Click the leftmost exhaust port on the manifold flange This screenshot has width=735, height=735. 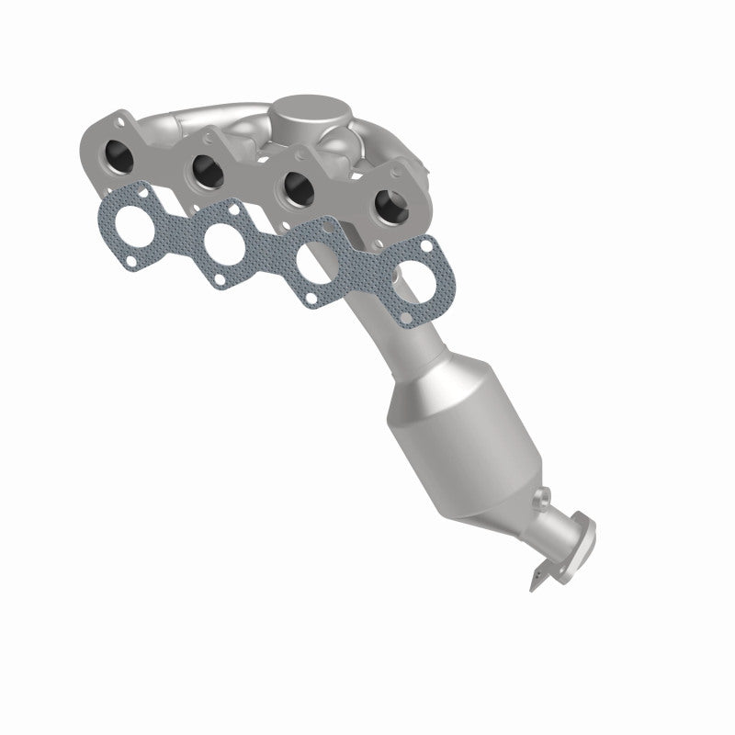[x=124, y=152]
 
